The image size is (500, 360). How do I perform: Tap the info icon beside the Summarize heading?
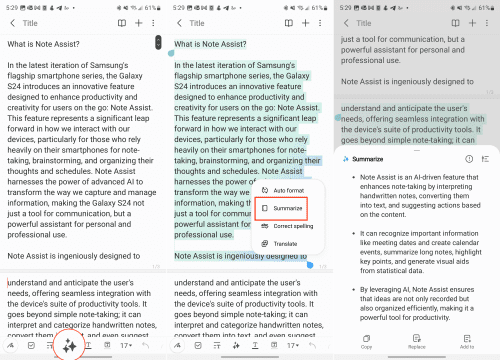point(469,158)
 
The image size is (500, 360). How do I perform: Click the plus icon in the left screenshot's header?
point(138,21)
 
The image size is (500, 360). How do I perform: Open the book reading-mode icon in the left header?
point(120,21)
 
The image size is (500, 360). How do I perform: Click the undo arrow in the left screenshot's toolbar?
point(147,345)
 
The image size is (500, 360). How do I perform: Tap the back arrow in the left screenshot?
point(11,21)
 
